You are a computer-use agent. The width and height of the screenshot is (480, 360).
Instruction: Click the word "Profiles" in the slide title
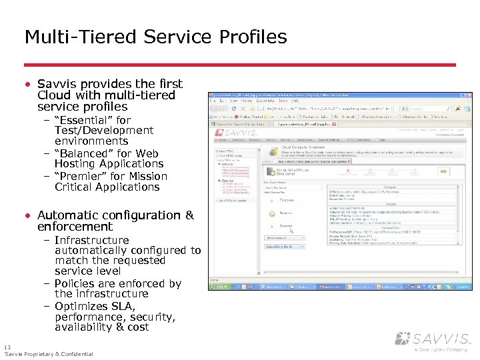tap(254, 37)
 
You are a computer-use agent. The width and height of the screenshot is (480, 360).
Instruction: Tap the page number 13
tap(7, 347)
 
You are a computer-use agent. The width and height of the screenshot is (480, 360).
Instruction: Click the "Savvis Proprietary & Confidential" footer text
tap(49, 354)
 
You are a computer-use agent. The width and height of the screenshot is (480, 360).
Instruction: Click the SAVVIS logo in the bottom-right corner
tap(433, 339)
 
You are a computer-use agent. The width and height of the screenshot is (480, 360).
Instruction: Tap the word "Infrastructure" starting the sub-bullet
tap(92, 240)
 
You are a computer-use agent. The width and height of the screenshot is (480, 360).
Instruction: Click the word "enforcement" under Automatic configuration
tap(75, 227)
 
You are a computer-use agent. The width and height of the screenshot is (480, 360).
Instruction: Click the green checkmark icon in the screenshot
tap(271, 214)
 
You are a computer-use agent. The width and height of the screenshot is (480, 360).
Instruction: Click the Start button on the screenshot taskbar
tap(219, 287)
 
